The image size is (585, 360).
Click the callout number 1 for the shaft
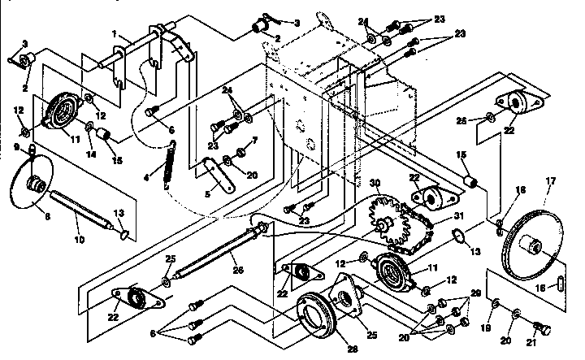click(115, 36)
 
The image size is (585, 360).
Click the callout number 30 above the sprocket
click(375, 183)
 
